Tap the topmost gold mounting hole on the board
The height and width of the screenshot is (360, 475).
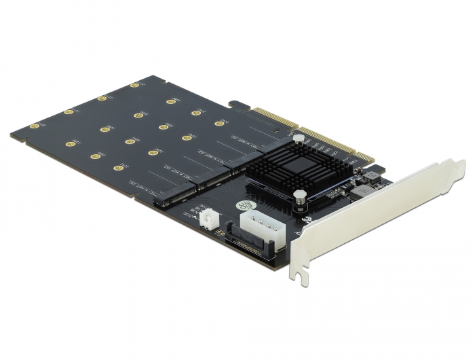134,86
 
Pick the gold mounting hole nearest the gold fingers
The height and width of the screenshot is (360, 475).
219,123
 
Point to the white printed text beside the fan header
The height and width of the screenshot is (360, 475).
193,217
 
